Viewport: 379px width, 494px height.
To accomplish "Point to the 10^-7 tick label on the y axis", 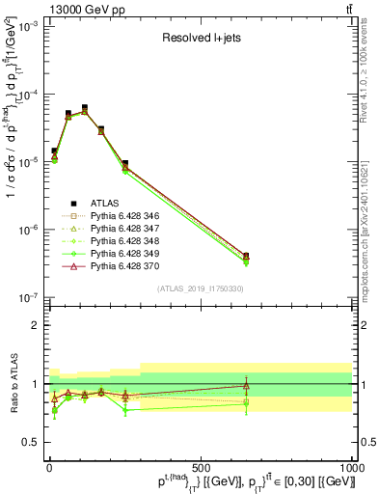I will click(26, 298).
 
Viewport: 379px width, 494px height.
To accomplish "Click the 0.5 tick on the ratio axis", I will click(31, 443).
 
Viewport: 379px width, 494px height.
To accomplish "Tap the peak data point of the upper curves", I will click(84, 108).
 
